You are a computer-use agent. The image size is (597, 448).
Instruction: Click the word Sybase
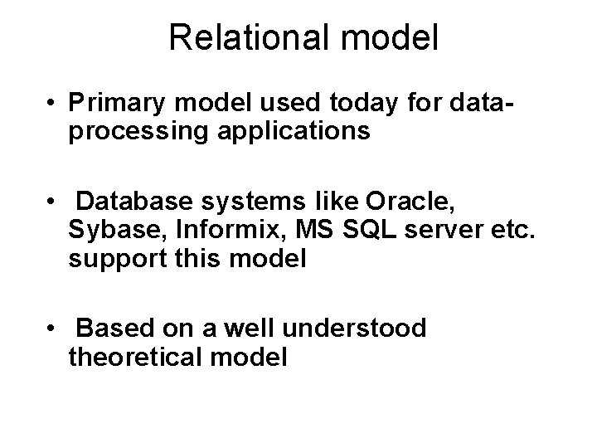click(106, 230)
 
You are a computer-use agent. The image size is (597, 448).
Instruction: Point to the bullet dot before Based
click(52, 330)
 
